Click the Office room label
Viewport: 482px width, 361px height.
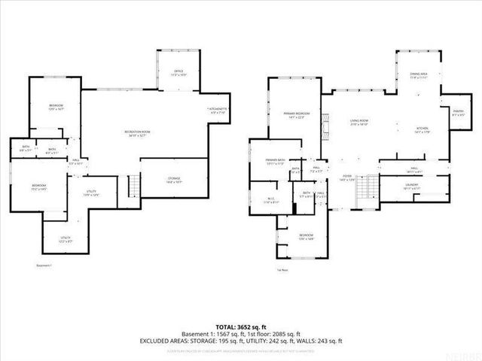(178, 74)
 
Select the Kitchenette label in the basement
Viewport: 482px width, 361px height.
(217, 113)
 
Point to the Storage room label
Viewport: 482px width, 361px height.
(174, 180)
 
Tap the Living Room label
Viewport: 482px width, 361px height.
(358, 124)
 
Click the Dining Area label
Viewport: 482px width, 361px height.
(419, 76)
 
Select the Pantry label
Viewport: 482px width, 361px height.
(457, 114)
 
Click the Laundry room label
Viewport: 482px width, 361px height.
(411, 186)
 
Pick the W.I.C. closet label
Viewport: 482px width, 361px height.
(271, 202)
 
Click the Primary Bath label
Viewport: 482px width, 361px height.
(274, 162)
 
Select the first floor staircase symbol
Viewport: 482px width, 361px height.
(368, 184)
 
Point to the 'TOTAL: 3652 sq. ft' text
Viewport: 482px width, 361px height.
(240, 326)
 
